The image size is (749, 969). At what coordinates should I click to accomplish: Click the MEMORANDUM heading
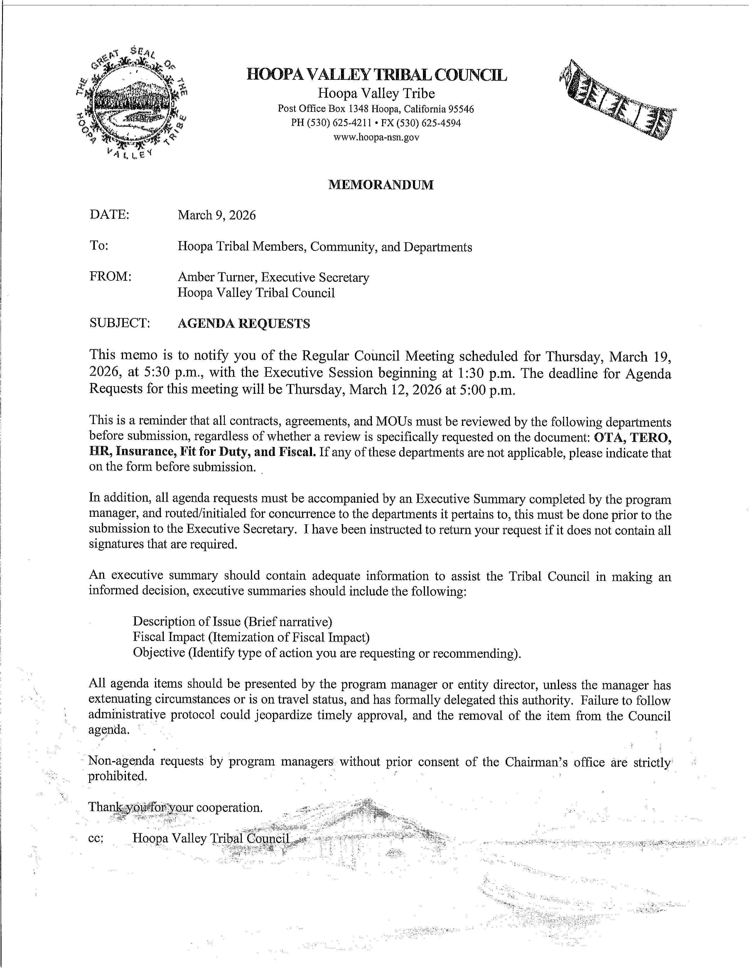(380, 185)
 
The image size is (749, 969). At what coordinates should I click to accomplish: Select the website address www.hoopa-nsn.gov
(376, 137)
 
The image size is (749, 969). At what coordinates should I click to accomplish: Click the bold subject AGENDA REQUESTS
(244, 324)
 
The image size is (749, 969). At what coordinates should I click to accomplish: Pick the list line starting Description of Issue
(232, 621)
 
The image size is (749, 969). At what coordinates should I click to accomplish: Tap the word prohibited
(117, 776)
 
